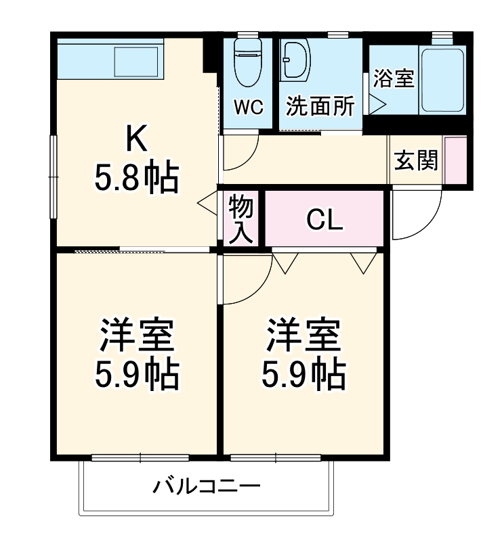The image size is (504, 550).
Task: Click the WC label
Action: [x=248, y=108]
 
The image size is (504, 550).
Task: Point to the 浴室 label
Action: [x=394, y=78]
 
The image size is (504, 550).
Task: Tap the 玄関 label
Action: [x=416, y=160]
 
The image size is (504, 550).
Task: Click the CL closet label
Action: [x=324, y=219]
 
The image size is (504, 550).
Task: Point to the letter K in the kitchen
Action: [x=135, y=141]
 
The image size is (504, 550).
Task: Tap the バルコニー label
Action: [x=207, y=486]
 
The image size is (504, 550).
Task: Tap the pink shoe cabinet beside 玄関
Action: [x=455, y=160]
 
